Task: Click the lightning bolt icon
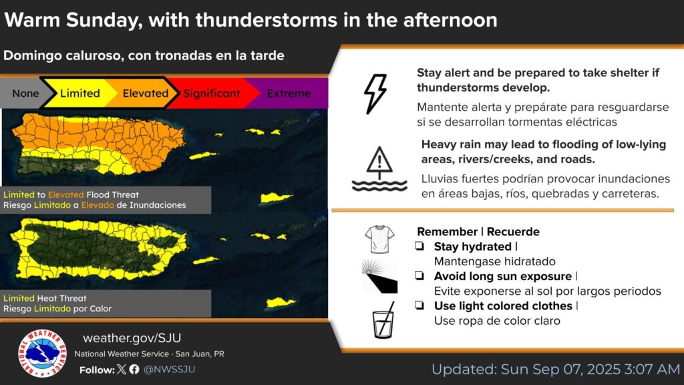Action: pos(375,94)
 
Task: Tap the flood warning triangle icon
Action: pos(379,168)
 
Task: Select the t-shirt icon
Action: pos(379,239)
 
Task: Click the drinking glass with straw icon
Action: pos(383,320)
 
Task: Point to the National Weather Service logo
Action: pos(42,353)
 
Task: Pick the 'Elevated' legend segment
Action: pos(145,94)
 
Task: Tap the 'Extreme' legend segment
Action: pos(289,94)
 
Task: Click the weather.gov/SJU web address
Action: pos(132,338)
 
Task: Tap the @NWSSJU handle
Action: pos(169,369)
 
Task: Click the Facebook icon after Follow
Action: pos(134,369)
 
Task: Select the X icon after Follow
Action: pos(122,369)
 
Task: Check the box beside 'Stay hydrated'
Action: pos(419,246)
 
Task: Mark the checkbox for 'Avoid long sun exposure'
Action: pos(419,276)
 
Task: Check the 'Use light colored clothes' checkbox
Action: pos(419,305)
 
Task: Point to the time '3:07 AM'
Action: pos(652,369)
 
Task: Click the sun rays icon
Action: pos(379,276)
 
